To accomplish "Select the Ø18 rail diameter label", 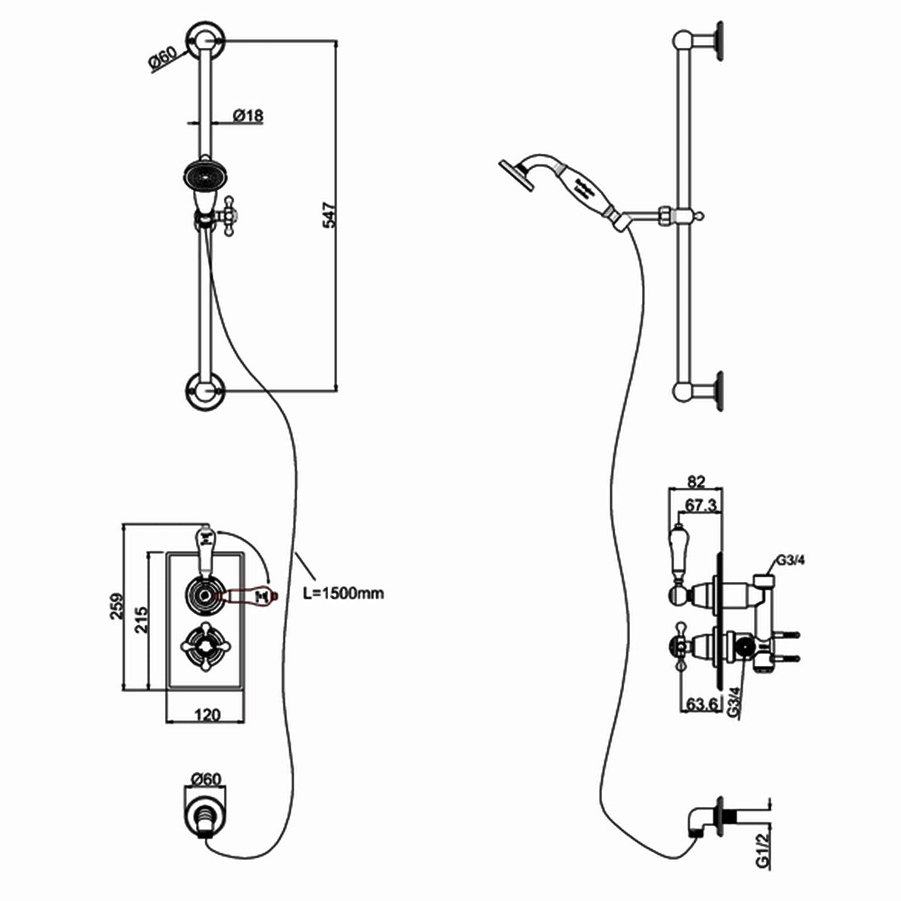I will (x=247, y=116).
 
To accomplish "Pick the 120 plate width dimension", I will (x=207, y=714).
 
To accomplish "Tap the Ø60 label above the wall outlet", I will (x=206, y=779).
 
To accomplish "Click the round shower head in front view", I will (x=204, y=175).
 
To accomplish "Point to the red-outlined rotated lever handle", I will (x=248, y=595).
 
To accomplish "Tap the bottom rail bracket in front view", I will (x=204, y=390).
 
